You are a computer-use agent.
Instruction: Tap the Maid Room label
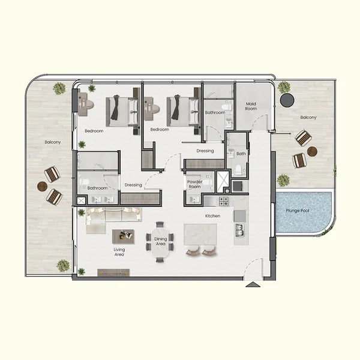251,106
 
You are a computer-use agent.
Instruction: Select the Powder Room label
194,184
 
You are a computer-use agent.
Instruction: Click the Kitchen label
213,215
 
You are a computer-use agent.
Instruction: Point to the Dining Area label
161,241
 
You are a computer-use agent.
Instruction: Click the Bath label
241,154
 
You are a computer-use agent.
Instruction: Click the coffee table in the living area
124,236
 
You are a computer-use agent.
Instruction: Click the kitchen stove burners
224,202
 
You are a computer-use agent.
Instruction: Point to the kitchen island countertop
202,234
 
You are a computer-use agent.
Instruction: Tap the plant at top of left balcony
59,89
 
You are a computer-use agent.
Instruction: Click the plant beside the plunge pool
283,179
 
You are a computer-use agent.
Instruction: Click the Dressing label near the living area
133,185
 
